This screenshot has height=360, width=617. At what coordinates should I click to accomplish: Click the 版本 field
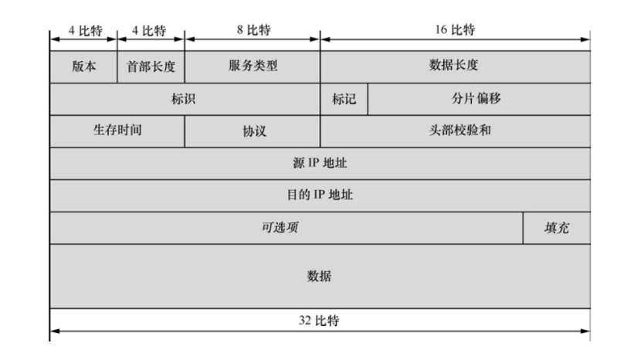[83, 66]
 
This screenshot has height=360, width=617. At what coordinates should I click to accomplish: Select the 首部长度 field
[151, 66]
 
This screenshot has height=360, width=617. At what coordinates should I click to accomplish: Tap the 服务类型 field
[253, 66]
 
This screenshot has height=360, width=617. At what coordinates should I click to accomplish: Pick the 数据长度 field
[454, 66]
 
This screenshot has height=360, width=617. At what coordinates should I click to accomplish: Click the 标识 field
[185, 99]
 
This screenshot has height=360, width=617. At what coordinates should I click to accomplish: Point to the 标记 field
[344, 99]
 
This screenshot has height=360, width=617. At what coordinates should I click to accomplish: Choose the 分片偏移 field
[478, 99]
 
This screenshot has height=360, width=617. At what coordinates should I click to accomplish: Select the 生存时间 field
[117, 131]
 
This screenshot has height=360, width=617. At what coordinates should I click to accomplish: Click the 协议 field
[253, 131]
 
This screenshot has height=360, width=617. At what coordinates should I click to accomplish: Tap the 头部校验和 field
[456, 131]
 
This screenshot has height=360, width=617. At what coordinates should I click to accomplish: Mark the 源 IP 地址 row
[320, 163]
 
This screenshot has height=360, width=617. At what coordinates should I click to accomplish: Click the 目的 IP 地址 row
[320, 195]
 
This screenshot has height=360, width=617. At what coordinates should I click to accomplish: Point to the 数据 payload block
[320, 276]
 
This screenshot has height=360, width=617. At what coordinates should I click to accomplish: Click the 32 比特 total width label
[319, 321]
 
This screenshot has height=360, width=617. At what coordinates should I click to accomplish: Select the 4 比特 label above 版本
[83, 32]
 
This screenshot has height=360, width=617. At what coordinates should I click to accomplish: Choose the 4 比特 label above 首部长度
[151, 32]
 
